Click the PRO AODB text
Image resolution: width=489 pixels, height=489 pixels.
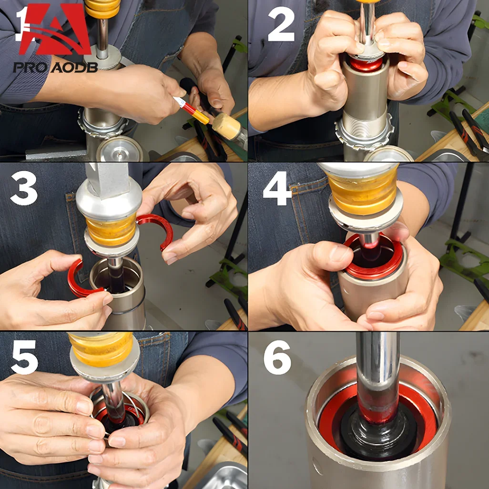[x=55, y=67]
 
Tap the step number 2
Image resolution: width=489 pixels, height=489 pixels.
[x=281, y=24]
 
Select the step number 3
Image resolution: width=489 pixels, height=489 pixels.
[x=24, y=188]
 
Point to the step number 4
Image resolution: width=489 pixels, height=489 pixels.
[x=277, y=188]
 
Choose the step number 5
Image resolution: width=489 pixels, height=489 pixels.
[x=24, y=357]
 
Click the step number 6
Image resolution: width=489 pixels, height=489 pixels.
[x=277, y=357]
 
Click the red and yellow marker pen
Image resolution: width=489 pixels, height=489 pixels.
[x=191, y=110]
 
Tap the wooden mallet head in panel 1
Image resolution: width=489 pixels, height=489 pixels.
[x=227, y=126]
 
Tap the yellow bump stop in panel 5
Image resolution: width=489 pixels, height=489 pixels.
[x=102, y=349]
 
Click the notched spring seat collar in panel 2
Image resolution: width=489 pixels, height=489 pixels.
[x=365, y=134]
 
